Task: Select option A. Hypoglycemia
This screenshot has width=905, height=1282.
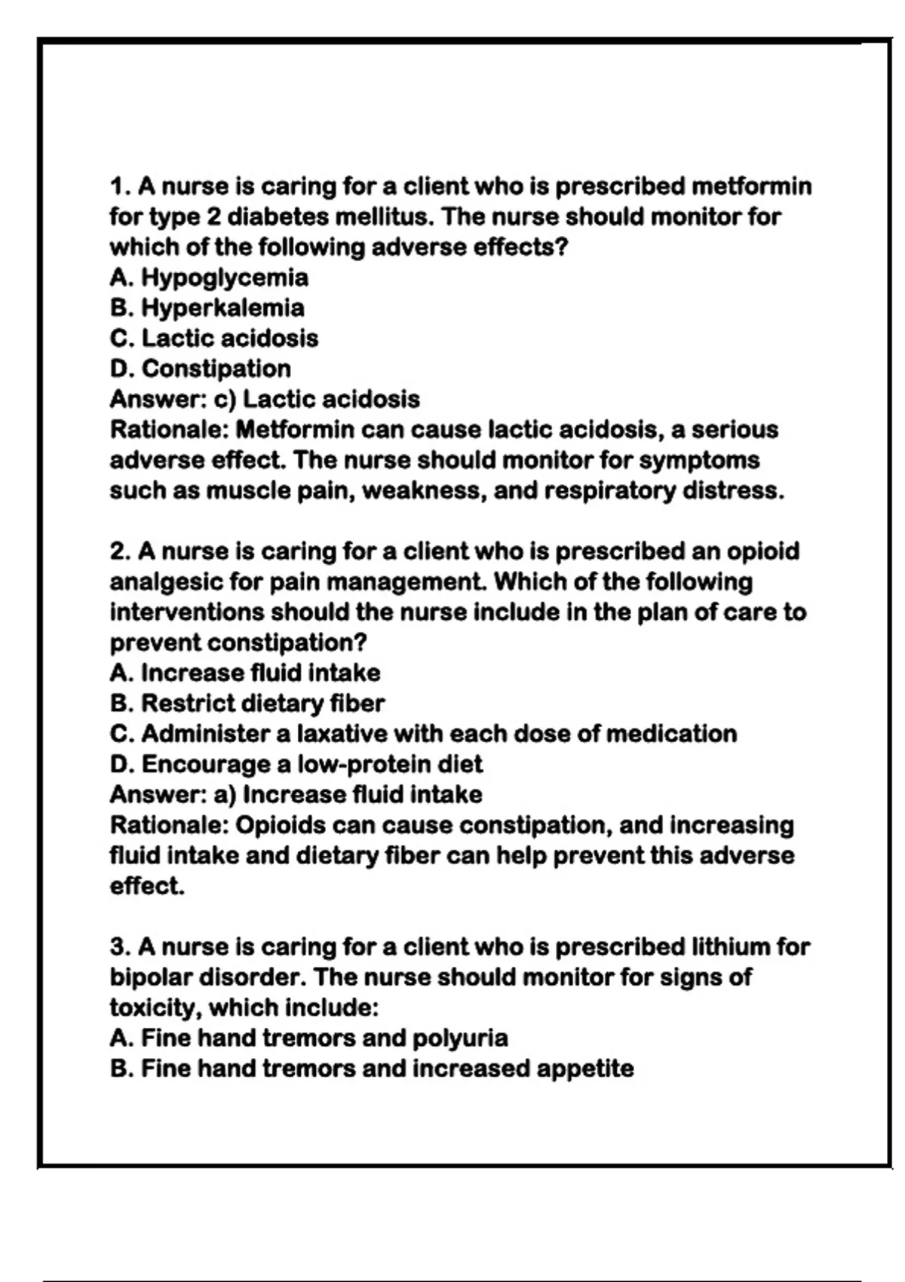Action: [209, 278]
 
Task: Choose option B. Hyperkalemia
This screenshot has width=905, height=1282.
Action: [207, 308]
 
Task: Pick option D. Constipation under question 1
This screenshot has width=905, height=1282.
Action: [201, 369]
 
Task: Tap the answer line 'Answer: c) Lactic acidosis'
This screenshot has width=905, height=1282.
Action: [265, 399]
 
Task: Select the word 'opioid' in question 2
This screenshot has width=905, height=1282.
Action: [762, 552]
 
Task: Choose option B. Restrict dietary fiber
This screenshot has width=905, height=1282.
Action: [247, 704]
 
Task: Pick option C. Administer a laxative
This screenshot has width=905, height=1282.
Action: [423, 734]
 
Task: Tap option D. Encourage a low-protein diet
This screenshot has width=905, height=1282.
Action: [296, 765]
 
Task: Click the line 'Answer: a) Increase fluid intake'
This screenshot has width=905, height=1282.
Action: [296, 795]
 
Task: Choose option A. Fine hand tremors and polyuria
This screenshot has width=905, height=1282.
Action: [309, 1038]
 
